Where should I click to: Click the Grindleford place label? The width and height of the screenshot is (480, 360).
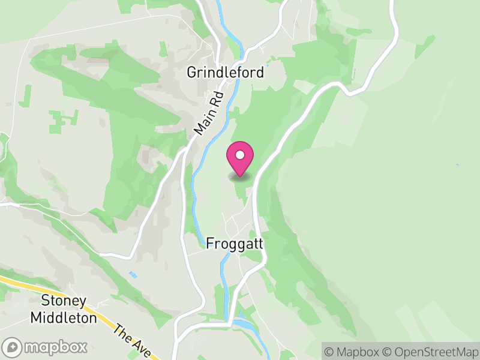pyautogui.click(x=225, y=73)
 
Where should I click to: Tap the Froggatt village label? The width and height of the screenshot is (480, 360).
pyautogui.click(x=235, y=244)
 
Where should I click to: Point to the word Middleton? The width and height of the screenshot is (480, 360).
pyautogui.click(x=64, y=317)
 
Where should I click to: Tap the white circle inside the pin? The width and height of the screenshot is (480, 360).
pyautogui.click(x=240, y=155)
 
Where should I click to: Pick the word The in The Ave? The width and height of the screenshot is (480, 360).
pyautogui.click(x=123, y=334)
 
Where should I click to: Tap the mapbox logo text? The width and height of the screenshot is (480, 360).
pyautogui.click(x=55, y=347)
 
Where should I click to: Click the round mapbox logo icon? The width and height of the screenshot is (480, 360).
pyautogui.click(x=13, y=347)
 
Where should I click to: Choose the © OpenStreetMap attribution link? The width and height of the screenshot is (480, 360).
pyautogui.click(x=430, y=351)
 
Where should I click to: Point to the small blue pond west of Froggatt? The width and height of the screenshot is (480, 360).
pyautogui.click(x=133, y=275)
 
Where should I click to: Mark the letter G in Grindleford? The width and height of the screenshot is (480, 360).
pyautogui.click(x=191, y=73)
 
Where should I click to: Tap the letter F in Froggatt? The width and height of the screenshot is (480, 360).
pyautogui.click(x=209, y=244)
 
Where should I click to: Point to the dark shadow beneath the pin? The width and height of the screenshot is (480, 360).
pyautogui.click(x=240, y=176)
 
